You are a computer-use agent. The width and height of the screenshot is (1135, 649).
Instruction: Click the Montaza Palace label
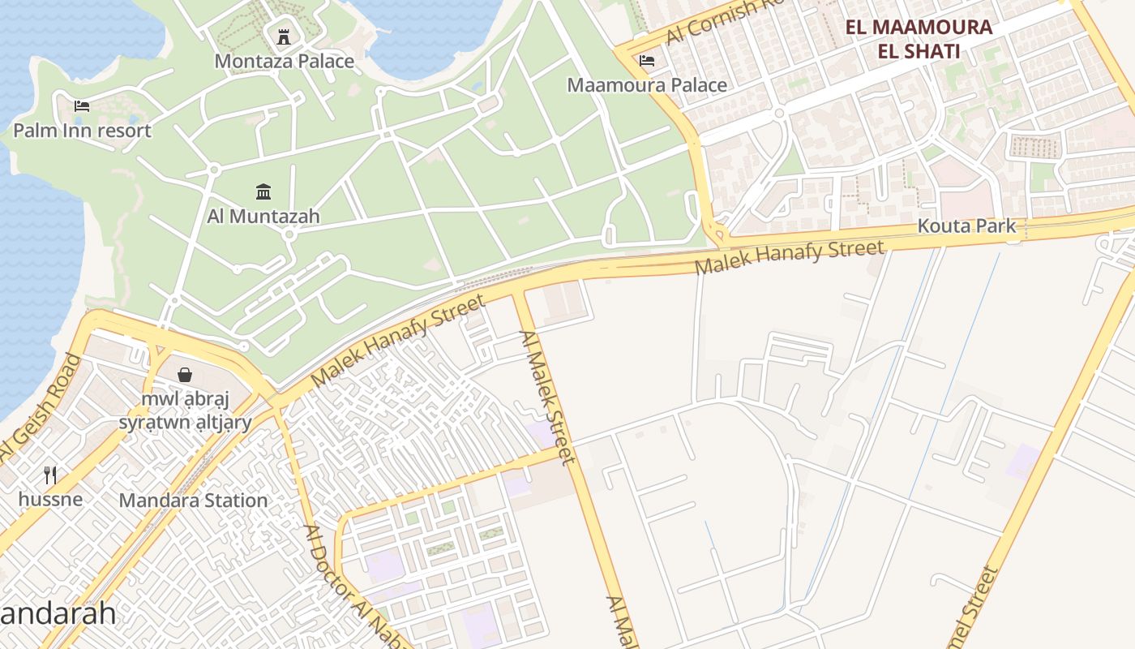284,61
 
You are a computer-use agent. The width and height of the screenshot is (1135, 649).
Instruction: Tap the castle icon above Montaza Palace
284,37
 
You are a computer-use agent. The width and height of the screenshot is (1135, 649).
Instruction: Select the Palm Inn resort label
82,130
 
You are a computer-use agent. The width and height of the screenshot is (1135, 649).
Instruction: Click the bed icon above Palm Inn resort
82,105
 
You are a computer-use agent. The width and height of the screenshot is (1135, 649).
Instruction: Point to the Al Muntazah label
263,216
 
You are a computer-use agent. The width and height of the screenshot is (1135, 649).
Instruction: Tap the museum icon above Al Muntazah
263,192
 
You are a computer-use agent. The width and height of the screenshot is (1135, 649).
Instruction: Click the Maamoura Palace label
647,85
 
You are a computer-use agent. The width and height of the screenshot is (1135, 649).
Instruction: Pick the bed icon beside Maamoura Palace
647,61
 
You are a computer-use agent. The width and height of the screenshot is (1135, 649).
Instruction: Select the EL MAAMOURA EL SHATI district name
919,39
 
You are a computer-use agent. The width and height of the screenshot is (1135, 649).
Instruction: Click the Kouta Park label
966,226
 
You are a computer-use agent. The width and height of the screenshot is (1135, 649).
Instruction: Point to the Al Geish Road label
41,418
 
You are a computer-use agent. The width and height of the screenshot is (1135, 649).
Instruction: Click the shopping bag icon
185,375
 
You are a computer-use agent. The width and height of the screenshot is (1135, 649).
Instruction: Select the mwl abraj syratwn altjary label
185,410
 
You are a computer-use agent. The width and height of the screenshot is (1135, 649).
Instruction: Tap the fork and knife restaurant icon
50,475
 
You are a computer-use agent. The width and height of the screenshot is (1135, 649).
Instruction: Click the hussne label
50,498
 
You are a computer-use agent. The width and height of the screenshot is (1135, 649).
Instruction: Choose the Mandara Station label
193,501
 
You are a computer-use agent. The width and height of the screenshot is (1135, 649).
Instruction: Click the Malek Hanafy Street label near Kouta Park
789,257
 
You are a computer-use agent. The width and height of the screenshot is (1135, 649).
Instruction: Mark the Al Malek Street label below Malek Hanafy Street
548,397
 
